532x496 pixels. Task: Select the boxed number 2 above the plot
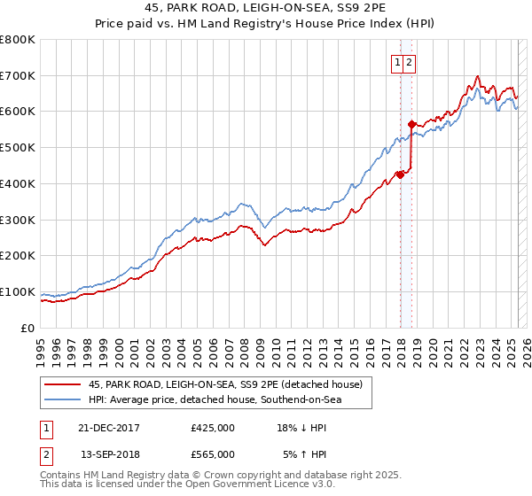tap(411, 62)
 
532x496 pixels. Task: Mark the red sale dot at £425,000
tap(400, 174)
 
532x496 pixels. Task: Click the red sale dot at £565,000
tap(411, 124)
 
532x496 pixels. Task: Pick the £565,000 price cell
tap(213, 453)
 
